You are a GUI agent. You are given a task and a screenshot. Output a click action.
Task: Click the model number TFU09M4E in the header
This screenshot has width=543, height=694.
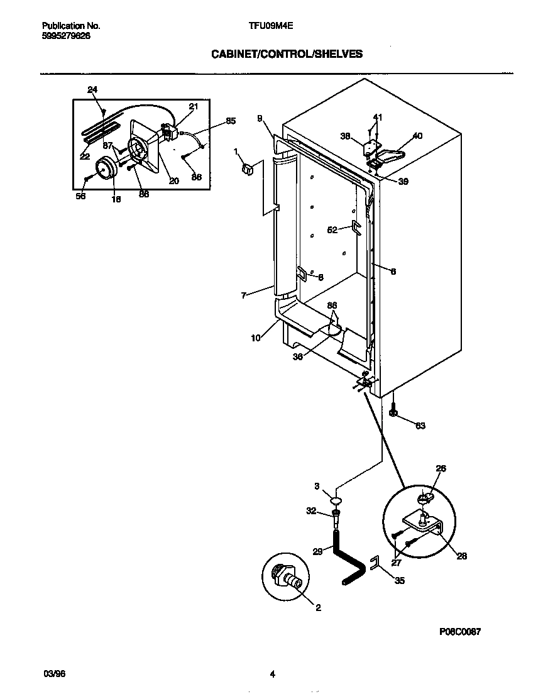pos(271,26)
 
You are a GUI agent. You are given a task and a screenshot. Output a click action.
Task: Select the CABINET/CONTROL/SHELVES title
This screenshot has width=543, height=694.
pos(287,54)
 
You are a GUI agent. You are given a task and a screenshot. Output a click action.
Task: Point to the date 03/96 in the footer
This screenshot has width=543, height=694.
pos(54,674)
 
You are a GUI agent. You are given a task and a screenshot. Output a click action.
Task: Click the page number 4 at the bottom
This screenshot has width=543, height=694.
pos(272,675)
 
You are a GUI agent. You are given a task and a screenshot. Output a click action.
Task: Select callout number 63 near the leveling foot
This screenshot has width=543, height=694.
pos(420,426)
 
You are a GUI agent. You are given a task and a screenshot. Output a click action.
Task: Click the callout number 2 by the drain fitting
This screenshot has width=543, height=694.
pos(318,607)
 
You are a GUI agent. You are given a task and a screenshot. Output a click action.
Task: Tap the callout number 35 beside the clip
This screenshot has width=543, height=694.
pos(400,581)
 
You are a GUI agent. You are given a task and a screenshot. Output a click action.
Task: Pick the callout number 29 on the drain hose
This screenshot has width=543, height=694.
pos(318,551)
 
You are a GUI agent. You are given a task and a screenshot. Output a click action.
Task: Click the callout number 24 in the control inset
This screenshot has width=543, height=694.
pos(92,90)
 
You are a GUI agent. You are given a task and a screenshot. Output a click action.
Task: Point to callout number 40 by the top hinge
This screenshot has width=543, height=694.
pos(417,135)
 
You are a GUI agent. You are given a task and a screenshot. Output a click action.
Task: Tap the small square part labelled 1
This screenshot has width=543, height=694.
pos(247,168)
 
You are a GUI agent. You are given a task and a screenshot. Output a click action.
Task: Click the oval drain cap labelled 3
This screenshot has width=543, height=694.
pos(337,501)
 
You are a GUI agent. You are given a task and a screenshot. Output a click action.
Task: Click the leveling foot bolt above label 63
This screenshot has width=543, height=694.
pos(393,412)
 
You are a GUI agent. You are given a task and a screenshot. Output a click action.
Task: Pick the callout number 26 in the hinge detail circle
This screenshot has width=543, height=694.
pos(441,468)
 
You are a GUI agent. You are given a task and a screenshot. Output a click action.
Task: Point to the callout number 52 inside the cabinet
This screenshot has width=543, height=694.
pos(333,229)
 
